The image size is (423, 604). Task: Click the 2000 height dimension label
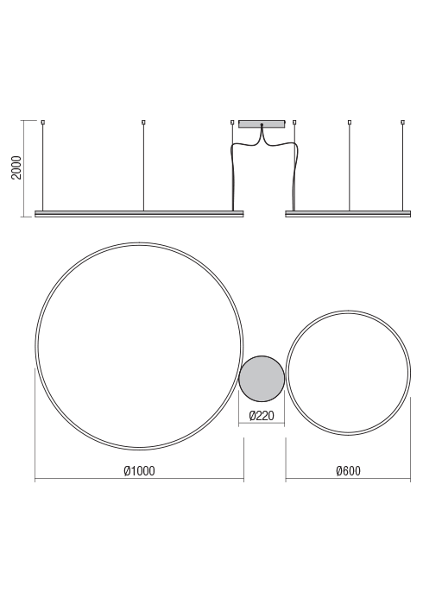click(x=16, y=167)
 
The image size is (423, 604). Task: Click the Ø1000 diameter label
click(x=140, y=471)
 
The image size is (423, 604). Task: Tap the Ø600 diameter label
click(x=348, y=471)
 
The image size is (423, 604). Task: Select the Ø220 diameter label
click(x=262, y=416)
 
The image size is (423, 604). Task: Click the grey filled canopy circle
click(x=262, y=378)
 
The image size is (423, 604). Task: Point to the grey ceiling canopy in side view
click(x=262, y=123)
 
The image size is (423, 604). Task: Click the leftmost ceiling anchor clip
click(x=43, y=123)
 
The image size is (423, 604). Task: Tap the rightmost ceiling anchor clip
click(x=403, y=123)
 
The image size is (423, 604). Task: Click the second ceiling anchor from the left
click(x=143, y=123)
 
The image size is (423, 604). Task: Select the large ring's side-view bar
click(x=139, y=214)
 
